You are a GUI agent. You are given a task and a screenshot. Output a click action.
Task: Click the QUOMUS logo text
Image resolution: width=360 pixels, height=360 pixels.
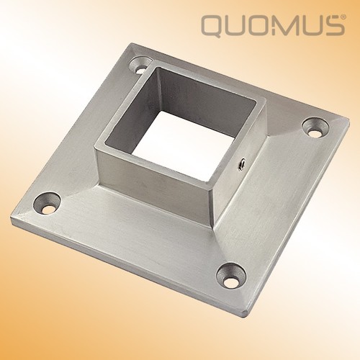coord(272,25)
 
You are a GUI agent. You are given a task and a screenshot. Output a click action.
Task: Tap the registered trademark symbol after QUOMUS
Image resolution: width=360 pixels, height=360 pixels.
coord(344,17)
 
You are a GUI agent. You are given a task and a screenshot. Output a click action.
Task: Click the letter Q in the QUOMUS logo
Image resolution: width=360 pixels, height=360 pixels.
coord(213,27)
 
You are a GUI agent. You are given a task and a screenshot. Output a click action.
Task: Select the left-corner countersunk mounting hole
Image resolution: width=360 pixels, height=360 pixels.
coord(47,203)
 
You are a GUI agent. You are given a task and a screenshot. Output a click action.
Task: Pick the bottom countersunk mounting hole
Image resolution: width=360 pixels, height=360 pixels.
coord(231,276)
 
